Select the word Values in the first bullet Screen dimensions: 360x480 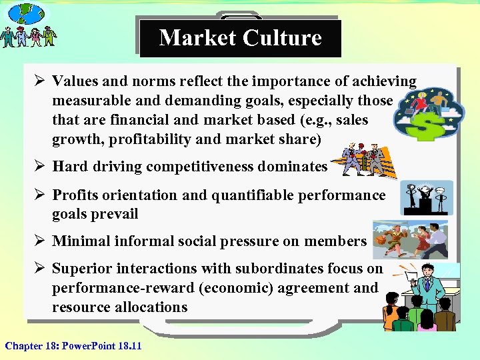(x=75, y=81)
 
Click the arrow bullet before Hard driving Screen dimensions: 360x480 (x=40, y=167)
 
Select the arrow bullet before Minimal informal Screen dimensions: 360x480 (x=40, y=241)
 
